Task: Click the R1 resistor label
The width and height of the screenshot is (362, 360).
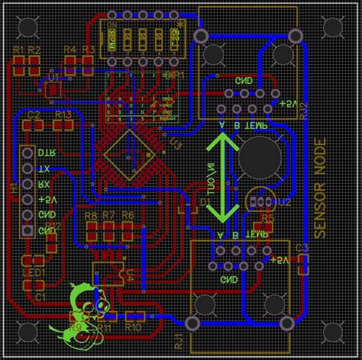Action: pos(18,50)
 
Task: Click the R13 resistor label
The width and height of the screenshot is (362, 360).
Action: pos(63,114)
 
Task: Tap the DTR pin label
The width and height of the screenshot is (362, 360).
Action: pos(47,153)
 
